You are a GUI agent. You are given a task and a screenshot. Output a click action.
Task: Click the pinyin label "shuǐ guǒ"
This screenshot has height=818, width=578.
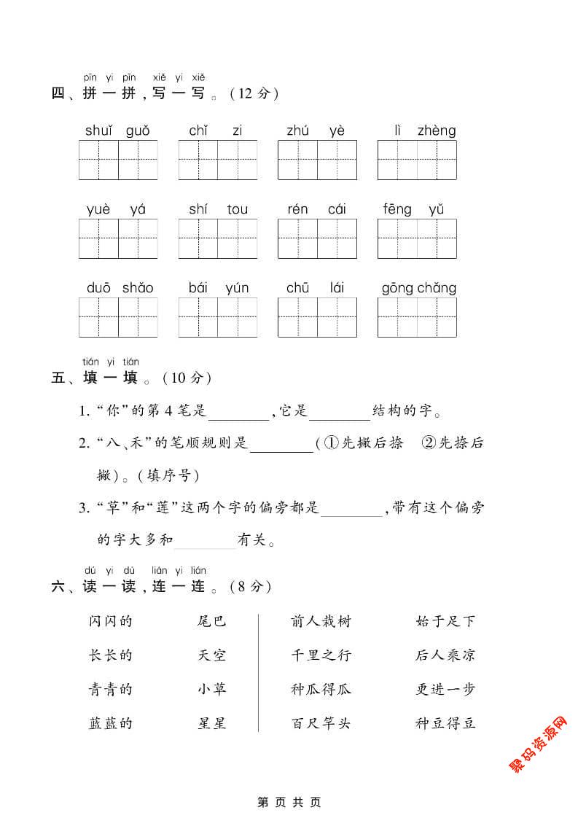(117, 131)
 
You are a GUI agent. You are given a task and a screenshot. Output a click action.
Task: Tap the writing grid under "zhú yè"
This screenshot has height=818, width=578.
(317, 160)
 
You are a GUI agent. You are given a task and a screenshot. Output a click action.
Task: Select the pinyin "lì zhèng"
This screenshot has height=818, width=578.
(417, 131)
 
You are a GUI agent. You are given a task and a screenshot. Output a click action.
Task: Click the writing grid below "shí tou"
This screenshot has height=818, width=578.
(218, 238)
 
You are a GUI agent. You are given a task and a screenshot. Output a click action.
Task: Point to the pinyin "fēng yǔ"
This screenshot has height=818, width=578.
(413, 210)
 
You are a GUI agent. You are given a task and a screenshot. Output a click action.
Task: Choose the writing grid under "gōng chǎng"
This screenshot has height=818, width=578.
(417, 317)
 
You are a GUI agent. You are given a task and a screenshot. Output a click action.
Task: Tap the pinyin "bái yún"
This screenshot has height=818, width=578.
(218, 289)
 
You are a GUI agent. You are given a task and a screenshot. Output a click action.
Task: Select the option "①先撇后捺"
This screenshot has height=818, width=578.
(362, 443)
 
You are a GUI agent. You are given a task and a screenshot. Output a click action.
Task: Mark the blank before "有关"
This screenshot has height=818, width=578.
(205, 541)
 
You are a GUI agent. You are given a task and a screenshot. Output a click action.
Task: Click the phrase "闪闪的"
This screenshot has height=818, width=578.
(110, 622)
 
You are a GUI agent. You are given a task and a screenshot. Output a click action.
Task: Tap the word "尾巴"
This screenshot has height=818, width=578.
(212, 622)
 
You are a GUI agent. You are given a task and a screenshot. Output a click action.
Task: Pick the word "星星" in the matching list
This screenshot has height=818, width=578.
(212, 724)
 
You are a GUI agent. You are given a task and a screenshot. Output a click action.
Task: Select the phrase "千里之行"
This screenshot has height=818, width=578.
(321, 655)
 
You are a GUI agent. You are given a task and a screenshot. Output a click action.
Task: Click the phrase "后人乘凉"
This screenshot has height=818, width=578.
(445, 655)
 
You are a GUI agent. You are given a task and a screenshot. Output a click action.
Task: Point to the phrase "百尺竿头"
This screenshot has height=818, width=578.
(321, 724)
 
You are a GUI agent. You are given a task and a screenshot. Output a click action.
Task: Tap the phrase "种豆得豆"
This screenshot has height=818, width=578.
(445, 724)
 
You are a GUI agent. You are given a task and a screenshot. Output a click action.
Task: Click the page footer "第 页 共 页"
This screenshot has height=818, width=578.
(289, 803)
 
